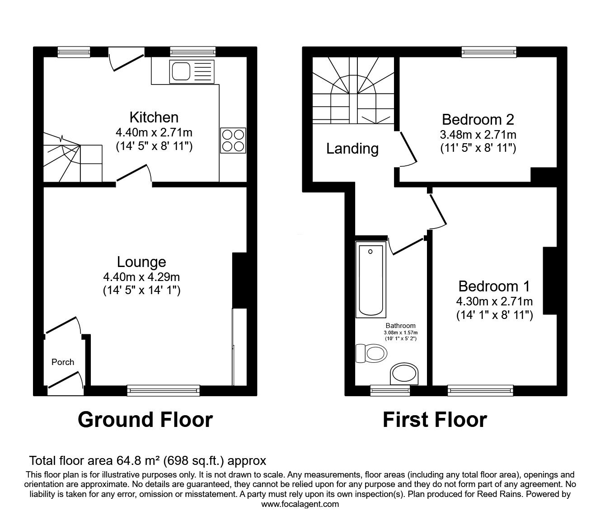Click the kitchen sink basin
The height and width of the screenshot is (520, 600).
181,71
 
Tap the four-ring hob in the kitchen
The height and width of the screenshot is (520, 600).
233,140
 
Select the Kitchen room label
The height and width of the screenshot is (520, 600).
154,117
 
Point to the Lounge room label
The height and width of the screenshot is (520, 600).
141,262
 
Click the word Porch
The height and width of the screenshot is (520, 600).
63,362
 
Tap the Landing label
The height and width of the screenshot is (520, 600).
352,149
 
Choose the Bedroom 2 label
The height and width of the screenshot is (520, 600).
478,120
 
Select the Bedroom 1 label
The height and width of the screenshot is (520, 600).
494,286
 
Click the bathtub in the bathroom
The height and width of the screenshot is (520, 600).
370,280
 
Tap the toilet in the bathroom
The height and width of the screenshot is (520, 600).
371,353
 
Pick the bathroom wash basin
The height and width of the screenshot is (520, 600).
404,374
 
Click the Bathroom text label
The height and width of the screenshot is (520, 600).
401,326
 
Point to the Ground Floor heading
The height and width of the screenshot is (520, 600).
145,420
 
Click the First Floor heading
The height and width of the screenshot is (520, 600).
435,420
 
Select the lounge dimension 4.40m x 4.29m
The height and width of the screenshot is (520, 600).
141,277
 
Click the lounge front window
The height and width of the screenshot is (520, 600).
164,390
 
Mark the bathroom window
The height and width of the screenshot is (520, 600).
390,390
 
